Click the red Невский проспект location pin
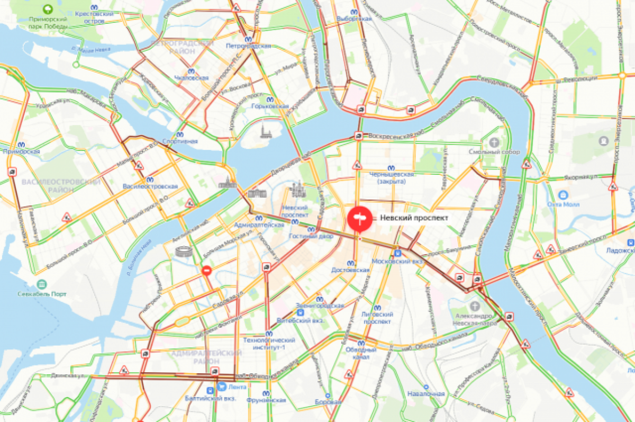tap(360, 218)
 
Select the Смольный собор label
tap(494, 151)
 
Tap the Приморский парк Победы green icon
tap(48, 9)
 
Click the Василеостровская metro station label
tap(150, 186)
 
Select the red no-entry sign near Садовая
tap(206, 271)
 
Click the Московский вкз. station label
tap(398, 262)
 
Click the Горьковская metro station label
tap(270, 106)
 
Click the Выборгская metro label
tap(354, 18)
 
